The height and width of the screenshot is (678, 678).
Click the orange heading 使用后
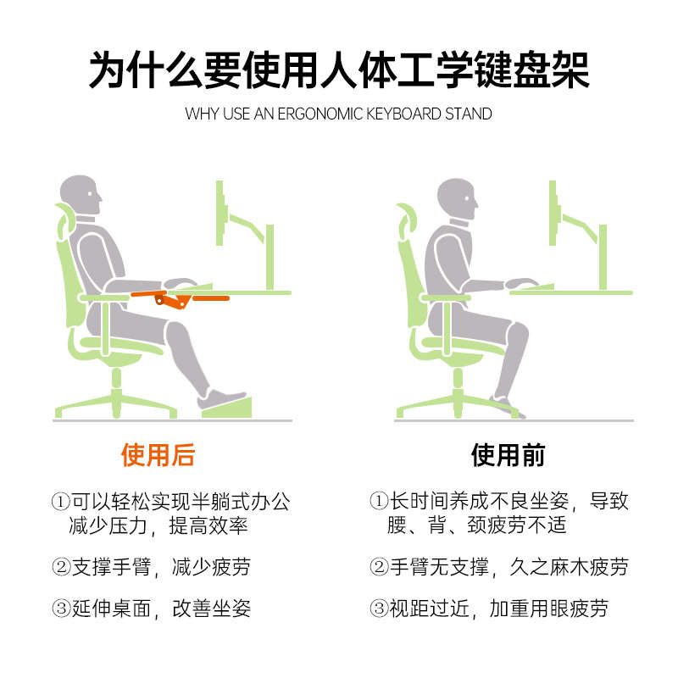click(x=158, y=455)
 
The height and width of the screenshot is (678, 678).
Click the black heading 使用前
click(x=508, y=455)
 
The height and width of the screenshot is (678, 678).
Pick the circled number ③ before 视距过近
click(x=378, y=609)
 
